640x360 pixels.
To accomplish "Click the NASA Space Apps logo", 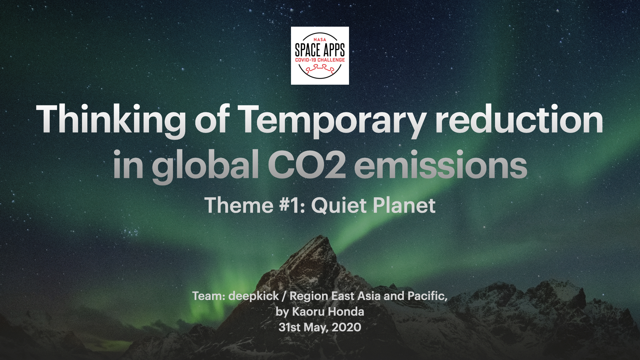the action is pos(320,56).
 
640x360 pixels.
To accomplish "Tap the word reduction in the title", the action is pos(519,119).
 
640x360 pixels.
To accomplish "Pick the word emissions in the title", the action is pos(441,164).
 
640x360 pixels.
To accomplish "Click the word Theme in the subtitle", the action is pos(239,205).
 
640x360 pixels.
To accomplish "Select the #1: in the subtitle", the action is pos(292,205).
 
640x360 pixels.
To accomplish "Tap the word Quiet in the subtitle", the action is pos(339,205).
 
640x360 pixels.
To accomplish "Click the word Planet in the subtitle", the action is pos(404,205).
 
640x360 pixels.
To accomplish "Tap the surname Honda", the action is pos(346,312).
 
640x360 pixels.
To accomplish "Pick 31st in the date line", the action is pos(290,327).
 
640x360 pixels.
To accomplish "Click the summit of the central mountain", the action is pos(321,236).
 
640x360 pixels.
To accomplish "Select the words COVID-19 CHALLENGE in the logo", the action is pos(320,60).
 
